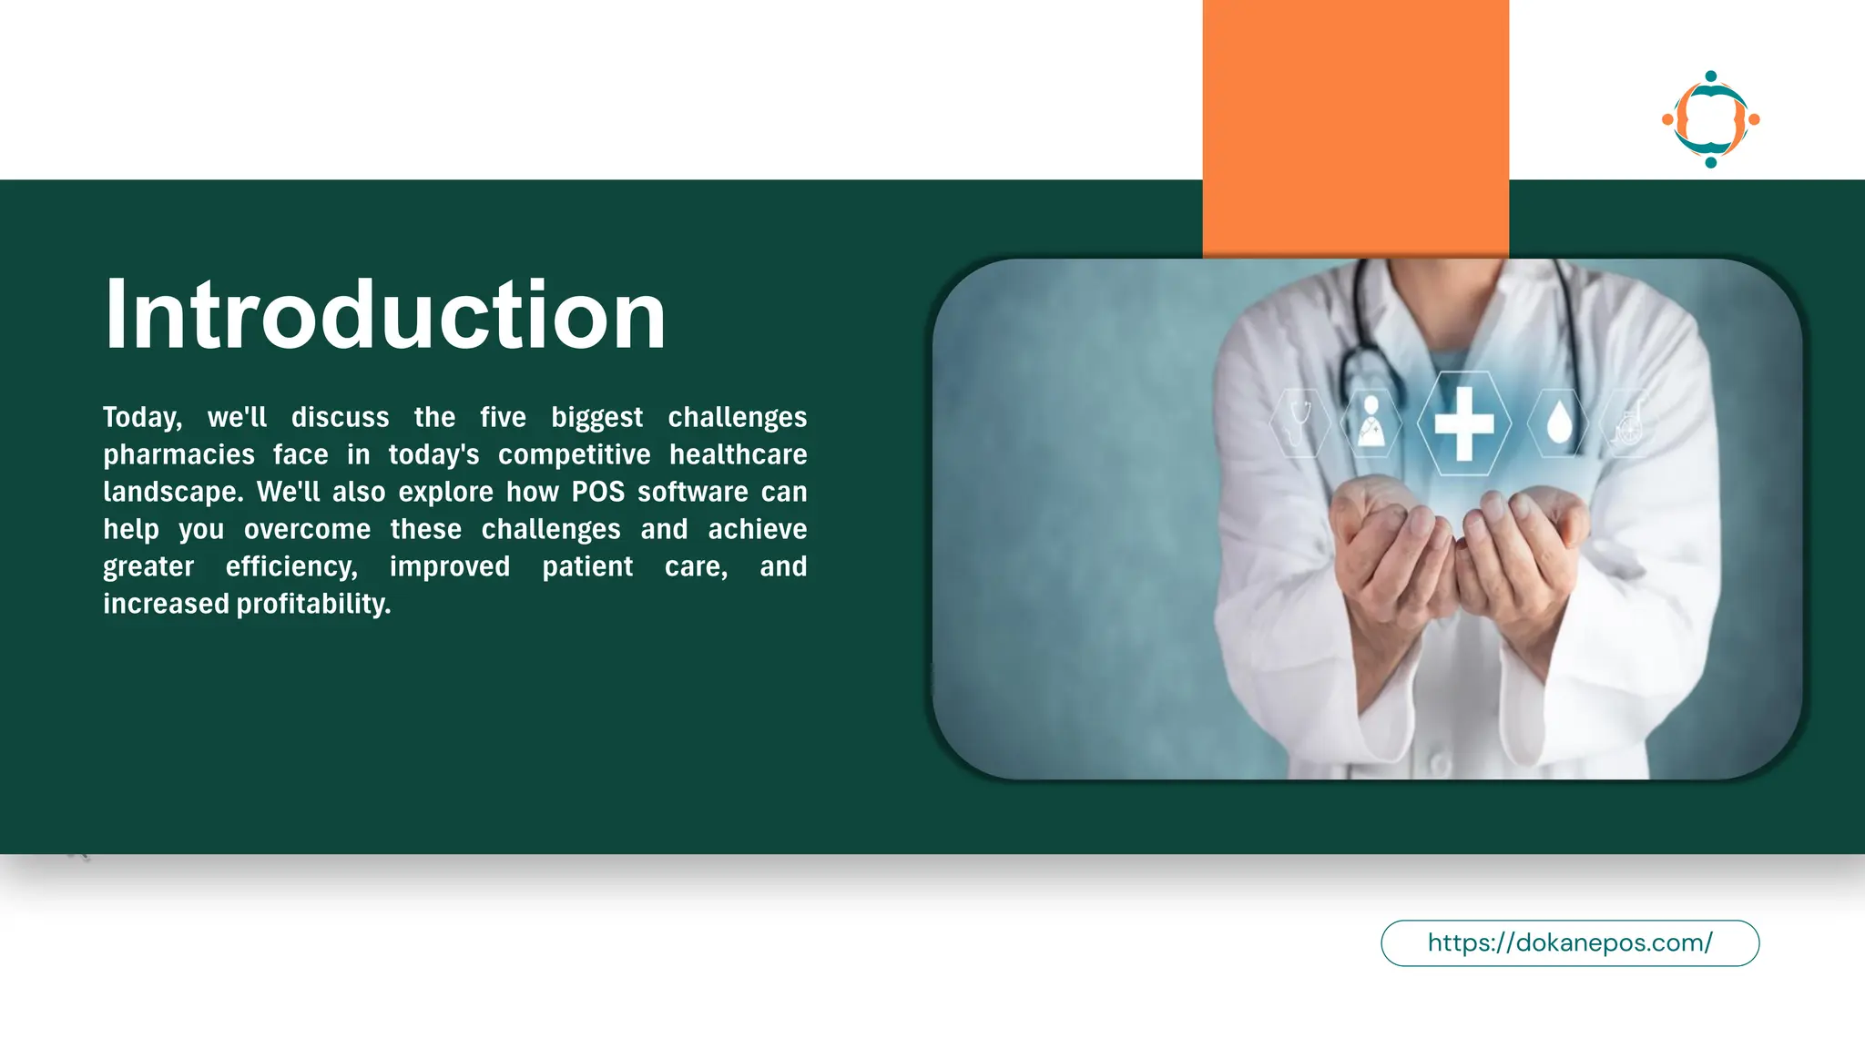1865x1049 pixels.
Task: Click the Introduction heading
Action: (x=385, y=314)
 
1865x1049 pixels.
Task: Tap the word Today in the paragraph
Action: (x=141, y=418)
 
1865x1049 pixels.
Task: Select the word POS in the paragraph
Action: (x=598, y=492)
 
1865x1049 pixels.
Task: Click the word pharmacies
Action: (x=178, y=454)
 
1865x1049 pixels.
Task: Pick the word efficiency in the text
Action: (x=291, y=566)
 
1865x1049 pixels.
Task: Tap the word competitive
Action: (x=574, y=454)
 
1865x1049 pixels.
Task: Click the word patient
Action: (x=587, y=566)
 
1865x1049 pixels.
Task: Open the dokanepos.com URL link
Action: (x=1569, y=942)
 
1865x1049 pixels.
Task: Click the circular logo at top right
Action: (x=1710, y=119)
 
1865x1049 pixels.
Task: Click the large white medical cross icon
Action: (x=1463, y=423)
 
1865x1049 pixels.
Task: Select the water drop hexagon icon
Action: (x=1559, y=423)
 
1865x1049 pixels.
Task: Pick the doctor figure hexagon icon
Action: (x=1371, y=423)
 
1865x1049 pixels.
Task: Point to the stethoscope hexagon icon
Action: (x=1300, y=423)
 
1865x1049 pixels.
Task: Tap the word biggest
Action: (x=596, y=418)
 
